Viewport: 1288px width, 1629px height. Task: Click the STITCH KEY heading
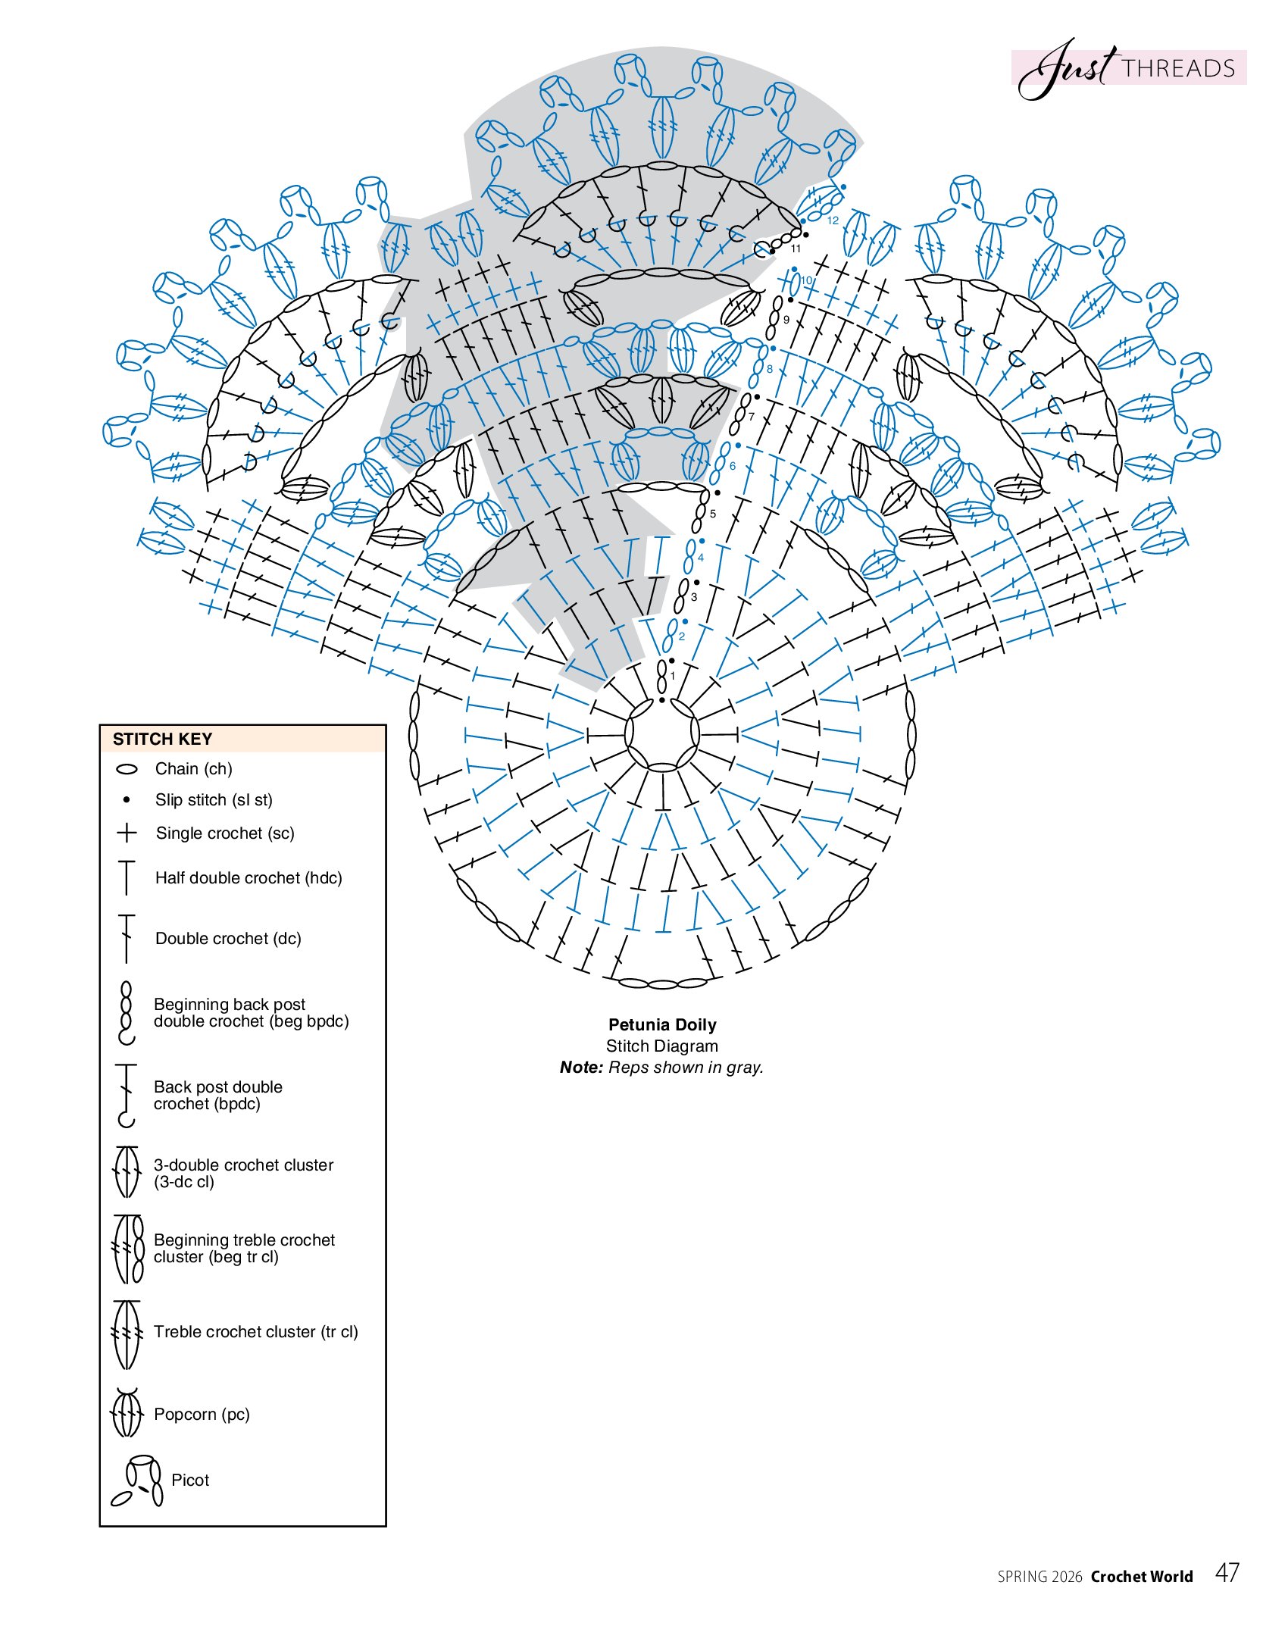tap(162, 739)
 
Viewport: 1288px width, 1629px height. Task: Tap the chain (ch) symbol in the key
tap(127, 769)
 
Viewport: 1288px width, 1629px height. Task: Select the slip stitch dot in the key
tap(127, 799)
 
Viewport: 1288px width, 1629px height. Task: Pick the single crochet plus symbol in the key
tap(127, 833)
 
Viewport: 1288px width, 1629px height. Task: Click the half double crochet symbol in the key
tap(127, 877)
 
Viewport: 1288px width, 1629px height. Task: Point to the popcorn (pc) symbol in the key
tap(127, 1413)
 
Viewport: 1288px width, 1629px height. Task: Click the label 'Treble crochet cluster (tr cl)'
tap(255, 1331)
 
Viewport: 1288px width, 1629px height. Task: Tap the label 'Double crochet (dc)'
tap(228, 938)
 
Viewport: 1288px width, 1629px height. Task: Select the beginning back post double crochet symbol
tap(127, 1012)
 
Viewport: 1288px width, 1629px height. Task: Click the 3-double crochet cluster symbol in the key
tap(127, 1172)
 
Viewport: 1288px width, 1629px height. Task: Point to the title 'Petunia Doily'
tap(662, 1024)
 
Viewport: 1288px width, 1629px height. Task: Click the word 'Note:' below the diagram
tap(581, 1067)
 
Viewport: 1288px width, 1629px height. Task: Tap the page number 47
tap(1227, 1573)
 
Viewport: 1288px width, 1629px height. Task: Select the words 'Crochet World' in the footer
tap(1142, 1577)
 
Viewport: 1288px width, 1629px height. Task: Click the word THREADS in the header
tap(1178, 69)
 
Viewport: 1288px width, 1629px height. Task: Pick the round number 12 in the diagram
tap(833, 220)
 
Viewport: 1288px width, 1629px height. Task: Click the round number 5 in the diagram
tap(713, 514)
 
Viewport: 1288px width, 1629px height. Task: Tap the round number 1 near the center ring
tap(672, 676)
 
